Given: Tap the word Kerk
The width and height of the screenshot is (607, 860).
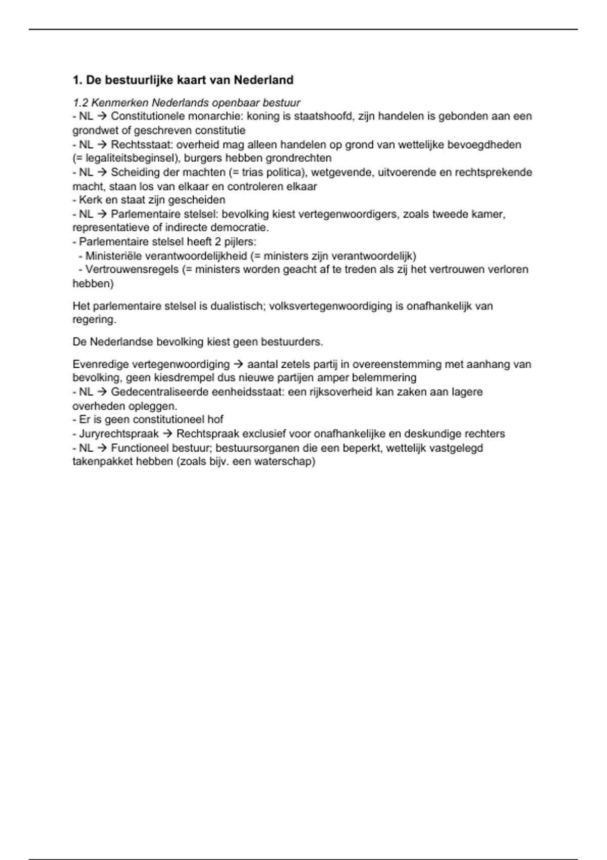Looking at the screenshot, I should tap(91, 200).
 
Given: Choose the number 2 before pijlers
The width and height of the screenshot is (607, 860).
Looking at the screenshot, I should tap(219, 242).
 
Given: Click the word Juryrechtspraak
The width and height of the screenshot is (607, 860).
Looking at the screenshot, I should tap(119, 434).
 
